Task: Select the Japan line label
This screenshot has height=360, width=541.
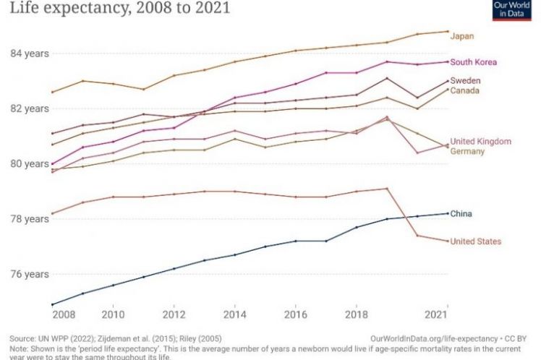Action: tap(462, 35)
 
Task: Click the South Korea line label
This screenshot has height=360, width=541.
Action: tap(473, 62)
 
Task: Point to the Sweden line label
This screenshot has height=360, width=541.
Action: tap(465, 80)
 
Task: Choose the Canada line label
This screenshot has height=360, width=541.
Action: tap(465, 90)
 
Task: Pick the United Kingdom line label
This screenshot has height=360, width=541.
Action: tap(480, 142)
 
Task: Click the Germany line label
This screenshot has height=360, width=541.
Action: tap(467, 152)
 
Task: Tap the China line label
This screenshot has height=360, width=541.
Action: tap(461, 214)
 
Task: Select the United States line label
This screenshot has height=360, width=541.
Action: tap(475, 241)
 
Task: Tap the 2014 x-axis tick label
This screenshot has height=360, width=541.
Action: tap(234, 316)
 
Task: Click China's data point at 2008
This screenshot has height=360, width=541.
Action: tap(52, 304)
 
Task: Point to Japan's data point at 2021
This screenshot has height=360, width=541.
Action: tap(447, 32)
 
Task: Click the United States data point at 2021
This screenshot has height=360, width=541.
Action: tap(447, 241)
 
